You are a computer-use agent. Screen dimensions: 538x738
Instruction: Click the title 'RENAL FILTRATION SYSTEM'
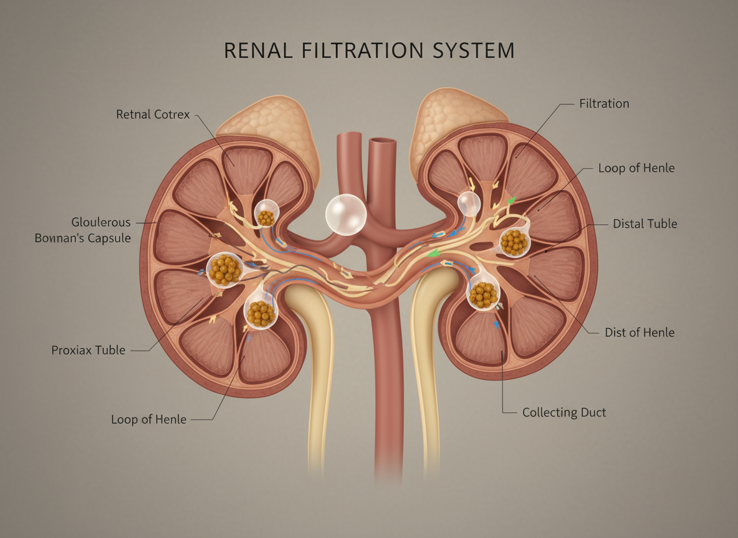[x=369, y=50]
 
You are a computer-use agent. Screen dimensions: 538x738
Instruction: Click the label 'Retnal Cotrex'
[x=153, y=115]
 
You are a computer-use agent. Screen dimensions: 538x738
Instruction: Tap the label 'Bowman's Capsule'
[x=83, y=238]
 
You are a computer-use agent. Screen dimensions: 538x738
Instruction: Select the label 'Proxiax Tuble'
[x=88, y=350]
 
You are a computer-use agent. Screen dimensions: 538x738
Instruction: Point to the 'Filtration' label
[x=604, y=103]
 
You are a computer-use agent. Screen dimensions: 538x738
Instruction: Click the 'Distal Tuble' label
[x=645, y=223]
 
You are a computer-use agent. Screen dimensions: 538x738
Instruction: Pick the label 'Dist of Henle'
[x=640, y=333]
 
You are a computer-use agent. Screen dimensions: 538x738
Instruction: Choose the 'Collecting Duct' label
[x=564, y=412]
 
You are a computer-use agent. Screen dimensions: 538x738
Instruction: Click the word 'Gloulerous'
[x=101, y=222]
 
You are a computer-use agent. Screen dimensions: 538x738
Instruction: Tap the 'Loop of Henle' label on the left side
[x=148, y=419]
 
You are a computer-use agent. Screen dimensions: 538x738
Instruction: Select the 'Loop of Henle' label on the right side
[x=636, y=168]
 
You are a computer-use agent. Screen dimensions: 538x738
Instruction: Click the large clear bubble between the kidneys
[x=346, y=215]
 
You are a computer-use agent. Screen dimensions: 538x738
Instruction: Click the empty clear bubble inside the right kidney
[x=469, y=203]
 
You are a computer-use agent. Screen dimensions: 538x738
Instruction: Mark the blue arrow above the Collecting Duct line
[x=497, y=324]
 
